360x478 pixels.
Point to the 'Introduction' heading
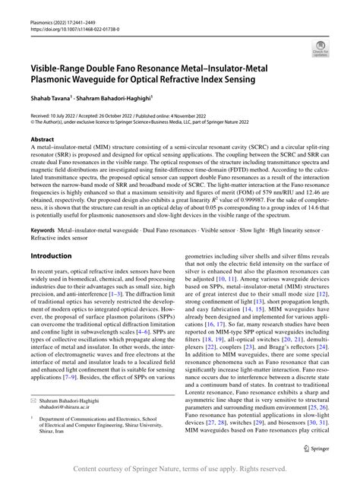point(51,257)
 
